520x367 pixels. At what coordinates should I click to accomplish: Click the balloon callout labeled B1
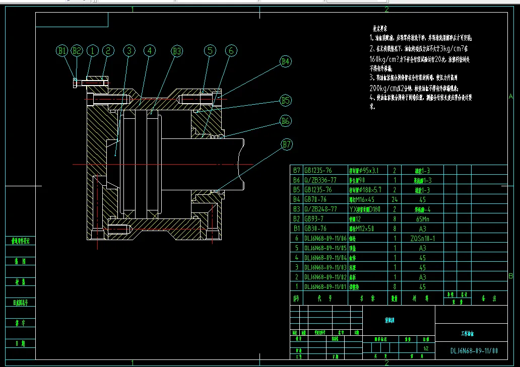pyautogui.click(x=62, y=50)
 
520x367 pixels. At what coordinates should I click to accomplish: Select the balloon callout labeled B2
pyautogui.click(x=77, y=50)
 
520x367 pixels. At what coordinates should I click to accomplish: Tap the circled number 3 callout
pyautogui.click(x=129, y=50)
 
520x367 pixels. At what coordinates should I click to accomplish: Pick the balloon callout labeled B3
pyautogui.click(x=176, y=50)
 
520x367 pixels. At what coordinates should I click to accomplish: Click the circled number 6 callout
pyautogui.click(x=231, y=50)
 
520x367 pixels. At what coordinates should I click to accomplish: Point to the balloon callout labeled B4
pyautogui.click(x=286, y=62)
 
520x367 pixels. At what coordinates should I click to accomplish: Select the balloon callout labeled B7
pyautogui.click(x=286, y=145)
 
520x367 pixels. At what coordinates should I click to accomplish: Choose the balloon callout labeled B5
pyautogui.click(x=286, y=101)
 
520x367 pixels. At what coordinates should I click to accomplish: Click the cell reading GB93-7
pyautogui.click(x=317, y=219)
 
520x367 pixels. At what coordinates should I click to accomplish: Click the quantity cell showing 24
pyautogui.click(x=394, y=199)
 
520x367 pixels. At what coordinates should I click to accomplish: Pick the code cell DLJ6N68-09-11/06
pyautogui.click(x=326, y=238)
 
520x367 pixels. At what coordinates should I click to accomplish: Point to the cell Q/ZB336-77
pyautogui.click(x=320, y=180)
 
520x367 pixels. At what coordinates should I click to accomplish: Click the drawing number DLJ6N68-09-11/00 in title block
pyautogui.click(x=474, y=350)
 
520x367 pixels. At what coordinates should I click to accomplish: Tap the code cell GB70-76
pyautogui.click(x=317, y=199)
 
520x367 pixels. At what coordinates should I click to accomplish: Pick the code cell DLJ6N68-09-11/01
pyautogui.click(x=326, y=286)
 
